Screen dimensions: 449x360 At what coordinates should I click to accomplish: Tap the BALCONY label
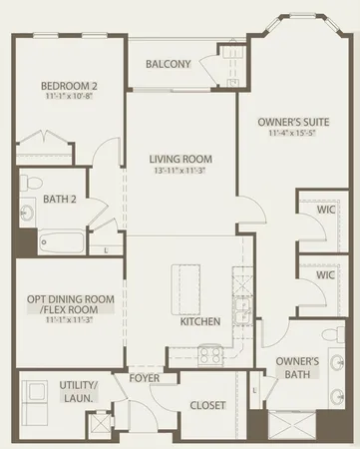[168, 64]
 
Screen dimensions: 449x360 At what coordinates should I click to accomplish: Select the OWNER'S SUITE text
[286, 122]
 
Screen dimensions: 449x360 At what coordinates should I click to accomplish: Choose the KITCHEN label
[199, 322]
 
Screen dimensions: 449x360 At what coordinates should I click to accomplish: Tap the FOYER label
[146, 379]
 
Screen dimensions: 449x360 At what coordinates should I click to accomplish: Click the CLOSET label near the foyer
[207, 405]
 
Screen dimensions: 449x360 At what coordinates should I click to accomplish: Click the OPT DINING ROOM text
[64, 299]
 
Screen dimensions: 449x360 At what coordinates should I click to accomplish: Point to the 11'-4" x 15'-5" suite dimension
[286, 135]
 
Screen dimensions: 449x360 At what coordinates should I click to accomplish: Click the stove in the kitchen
[210, 352]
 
